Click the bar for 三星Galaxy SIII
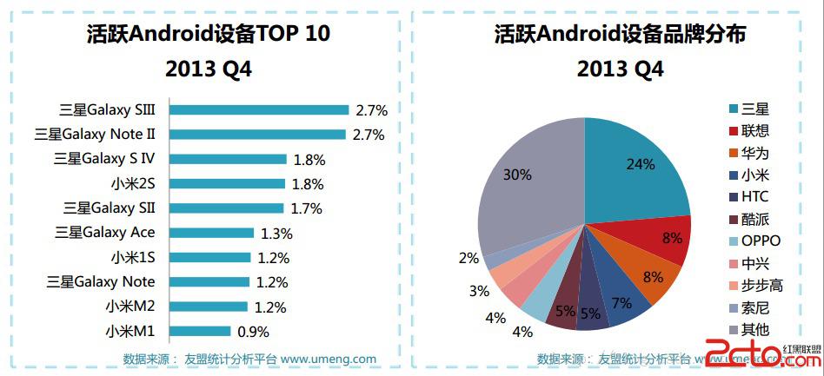259,110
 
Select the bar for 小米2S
227,183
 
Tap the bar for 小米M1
200,331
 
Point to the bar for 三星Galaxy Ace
211,233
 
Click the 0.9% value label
252,331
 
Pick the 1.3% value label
276,233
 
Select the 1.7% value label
305,208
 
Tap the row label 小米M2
130,307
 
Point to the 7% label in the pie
621,303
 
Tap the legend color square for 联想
734,131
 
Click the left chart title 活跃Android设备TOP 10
209,34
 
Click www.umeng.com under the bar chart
328,359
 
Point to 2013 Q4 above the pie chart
620,69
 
